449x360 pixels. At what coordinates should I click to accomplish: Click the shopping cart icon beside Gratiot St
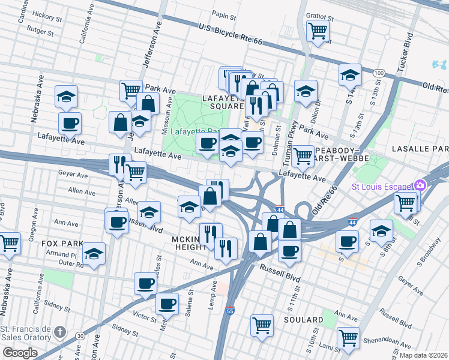pyautogui.click(x=318, y=30)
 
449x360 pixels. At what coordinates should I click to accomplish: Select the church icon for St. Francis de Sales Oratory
pyautogui.click(x=59, y=331)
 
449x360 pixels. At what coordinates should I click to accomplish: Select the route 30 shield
pyautogui.click(x=80, y=337)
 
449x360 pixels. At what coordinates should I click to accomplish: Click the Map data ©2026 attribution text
pyautogui.click(x=424, y=355)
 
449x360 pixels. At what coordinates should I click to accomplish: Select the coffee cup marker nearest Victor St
pyautogui.click(x=167, y=304)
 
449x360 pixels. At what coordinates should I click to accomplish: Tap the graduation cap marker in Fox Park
pyautogui.click(x=94, y=254)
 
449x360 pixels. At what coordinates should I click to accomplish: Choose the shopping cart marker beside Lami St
pyautogui.click(x=348, y=338)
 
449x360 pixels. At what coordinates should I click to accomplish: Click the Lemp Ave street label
pyautogui.click(x=213, y=293)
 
